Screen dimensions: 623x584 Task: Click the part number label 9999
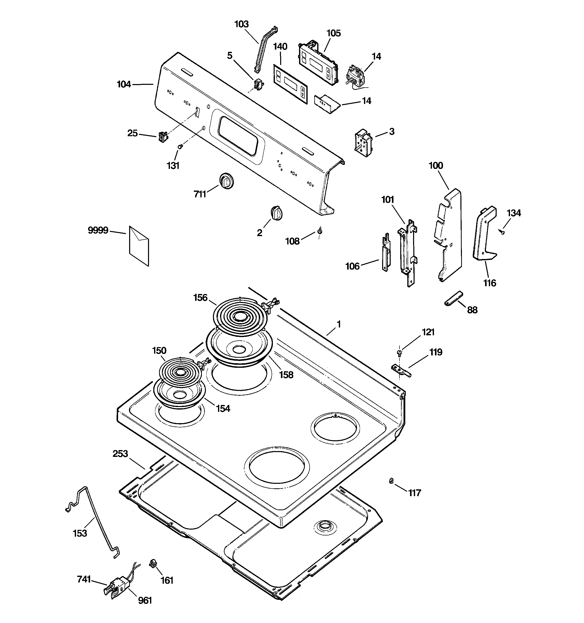point(98,231)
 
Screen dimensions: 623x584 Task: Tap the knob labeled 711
point(225,181)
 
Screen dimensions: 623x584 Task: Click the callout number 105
point(333,33)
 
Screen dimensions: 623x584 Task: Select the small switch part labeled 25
point(162,137)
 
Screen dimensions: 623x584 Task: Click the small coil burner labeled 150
point(180,372)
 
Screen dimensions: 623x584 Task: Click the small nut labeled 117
point(391,481)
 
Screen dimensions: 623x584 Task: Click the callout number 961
point(145,600)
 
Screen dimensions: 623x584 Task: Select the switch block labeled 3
point(363,142)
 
